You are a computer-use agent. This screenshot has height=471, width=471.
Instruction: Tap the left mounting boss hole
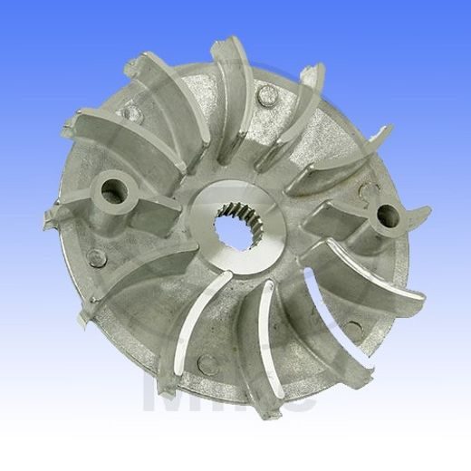tap(113, 189)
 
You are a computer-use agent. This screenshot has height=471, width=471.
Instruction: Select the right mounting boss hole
tap(387, 216)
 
